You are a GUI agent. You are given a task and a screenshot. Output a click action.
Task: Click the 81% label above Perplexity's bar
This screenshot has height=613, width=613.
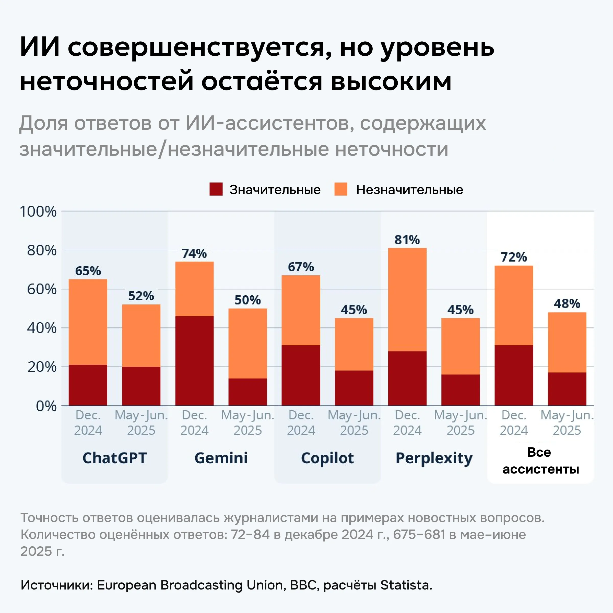407,240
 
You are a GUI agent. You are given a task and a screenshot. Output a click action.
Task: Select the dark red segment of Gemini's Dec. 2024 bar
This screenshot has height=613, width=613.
194,360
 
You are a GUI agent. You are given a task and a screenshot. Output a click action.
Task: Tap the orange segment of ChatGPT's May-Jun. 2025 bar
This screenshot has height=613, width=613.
141,335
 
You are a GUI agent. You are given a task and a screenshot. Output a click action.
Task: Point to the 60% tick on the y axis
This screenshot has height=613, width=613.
42,289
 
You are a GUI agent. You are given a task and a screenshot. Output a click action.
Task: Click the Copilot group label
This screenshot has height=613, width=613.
327,458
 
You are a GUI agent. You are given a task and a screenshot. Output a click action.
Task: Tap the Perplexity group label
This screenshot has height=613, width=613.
434,458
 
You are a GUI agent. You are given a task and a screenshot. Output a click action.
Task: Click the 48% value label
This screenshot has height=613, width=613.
567,304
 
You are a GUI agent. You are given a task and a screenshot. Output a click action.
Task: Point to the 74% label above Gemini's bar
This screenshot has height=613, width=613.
194,254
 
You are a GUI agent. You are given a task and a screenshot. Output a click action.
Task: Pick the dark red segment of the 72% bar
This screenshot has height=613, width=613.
514,375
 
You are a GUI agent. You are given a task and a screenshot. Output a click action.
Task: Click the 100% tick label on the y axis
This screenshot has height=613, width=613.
38,212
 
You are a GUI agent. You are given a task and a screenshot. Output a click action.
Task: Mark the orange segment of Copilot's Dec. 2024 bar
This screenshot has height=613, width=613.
301,310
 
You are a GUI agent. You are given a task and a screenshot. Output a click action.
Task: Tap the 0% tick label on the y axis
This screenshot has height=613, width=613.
46,406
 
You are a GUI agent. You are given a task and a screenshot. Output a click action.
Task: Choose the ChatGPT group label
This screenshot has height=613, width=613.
114,458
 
